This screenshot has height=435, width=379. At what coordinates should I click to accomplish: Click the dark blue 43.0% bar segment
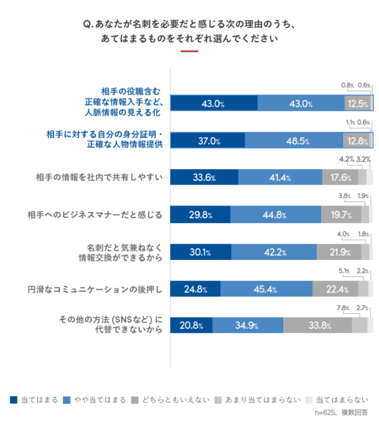click(214, 103)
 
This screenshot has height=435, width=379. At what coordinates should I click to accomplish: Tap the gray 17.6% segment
click(339, 178)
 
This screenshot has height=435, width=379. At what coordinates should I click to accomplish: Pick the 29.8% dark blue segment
click(200, 215)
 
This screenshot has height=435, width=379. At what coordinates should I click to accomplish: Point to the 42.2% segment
click(274, 252)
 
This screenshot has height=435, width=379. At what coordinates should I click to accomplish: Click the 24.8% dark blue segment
click(195, 289)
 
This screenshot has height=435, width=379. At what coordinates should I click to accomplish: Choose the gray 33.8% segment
click(317, 326)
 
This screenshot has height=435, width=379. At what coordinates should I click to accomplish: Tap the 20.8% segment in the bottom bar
click(191, 326)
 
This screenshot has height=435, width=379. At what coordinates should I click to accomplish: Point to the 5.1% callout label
click(344, 271)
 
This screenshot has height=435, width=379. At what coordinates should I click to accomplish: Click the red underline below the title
click(189, 51)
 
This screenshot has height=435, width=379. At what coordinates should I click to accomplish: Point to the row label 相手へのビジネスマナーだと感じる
click(95, 214)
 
